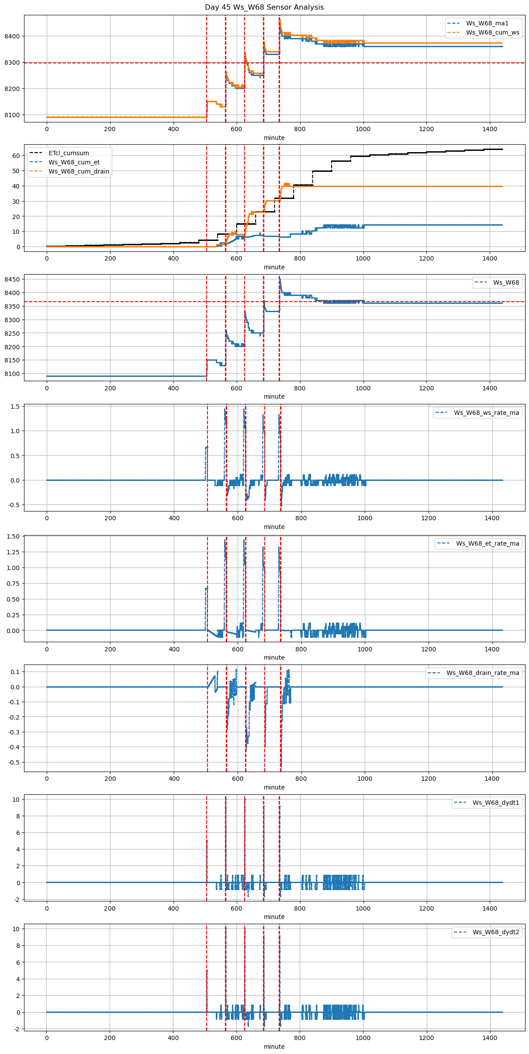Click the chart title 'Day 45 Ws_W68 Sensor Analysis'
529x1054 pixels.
point(264,7)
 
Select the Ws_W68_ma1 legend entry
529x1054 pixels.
point(487,23)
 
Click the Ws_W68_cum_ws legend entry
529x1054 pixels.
point(492,32)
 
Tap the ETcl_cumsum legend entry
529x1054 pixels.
point(69,153)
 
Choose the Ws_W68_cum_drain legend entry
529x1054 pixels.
point(79,171)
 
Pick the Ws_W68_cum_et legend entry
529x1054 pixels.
point(74,162)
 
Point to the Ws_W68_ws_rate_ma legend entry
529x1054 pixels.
point(486,413)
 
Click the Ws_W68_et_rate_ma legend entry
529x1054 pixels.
point(488,543)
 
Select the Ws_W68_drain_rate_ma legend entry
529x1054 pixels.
point(483,673)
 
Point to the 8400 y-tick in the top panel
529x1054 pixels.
point(12,36)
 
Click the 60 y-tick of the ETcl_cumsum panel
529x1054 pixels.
point(16,156)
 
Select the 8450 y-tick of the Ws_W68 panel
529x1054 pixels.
point(12,279)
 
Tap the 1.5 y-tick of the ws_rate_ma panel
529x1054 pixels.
point(15,407)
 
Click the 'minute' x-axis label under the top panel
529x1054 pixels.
point(274,138)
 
